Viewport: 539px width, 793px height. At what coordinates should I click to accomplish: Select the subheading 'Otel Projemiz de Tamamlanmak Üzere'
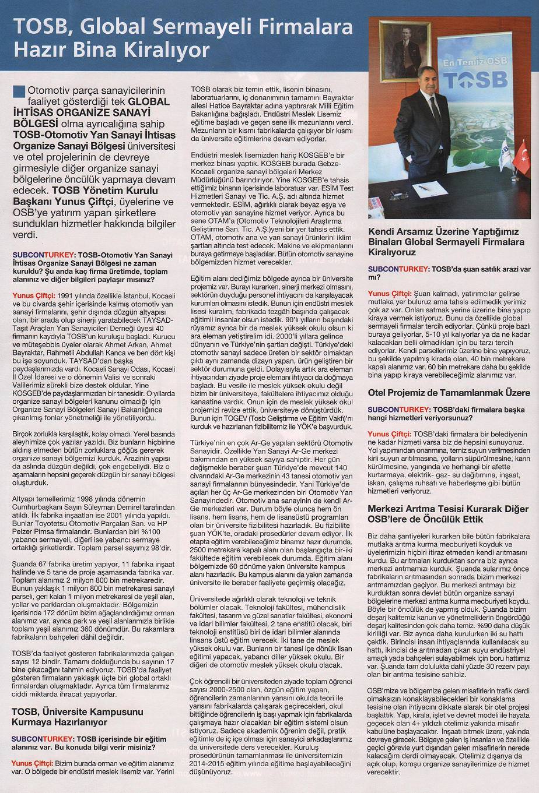[449, 392]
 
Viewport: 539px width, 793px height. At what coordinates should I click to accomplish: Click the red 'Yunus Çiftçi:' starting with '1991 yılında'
[34, 296]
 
